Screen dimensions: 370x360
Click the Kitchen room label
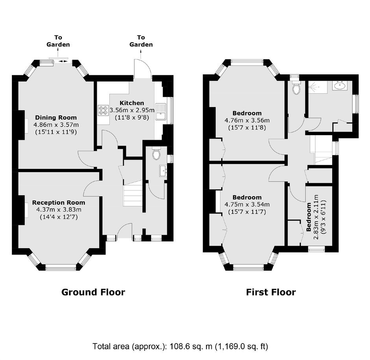(x=132, y=103)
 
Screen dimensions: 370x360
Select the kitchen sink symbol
(x=161, y=112)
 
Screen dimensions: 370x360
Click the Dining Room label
(x=56, y=117)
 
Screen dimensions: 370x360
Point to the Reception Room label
(x=59, y=202)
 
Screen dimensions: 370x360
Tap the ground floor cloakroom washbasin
(x=163, y=171)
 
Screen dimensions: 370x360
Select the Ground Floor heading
(x=93, y=292)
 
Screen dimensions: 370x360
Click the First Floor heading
(x=271, y=292)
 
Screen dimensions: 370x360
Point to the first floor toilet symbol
(x=296, y=88)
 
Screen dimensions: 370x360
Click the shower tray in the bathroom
(x=318, y=87)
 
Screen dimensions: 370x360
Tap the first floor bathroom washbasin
(x=340, y=85)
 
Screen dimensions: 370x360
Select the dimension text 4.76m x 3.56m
(x=247, y=121)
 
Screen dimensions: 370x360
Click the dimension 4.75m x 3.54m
(x=247, y=204)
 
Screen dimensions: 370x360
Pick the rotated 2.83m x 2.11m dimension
(x=316, y=217)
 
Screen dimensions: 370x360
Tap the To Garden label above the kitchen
(x=141, y=41)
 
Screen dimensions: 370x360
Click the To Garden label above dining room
(x=58, y=41)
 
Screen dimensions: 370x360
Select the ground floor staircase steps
(x=133, y=195)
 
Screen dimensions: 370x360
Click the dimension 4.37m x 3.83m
(x=59, y=210)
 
